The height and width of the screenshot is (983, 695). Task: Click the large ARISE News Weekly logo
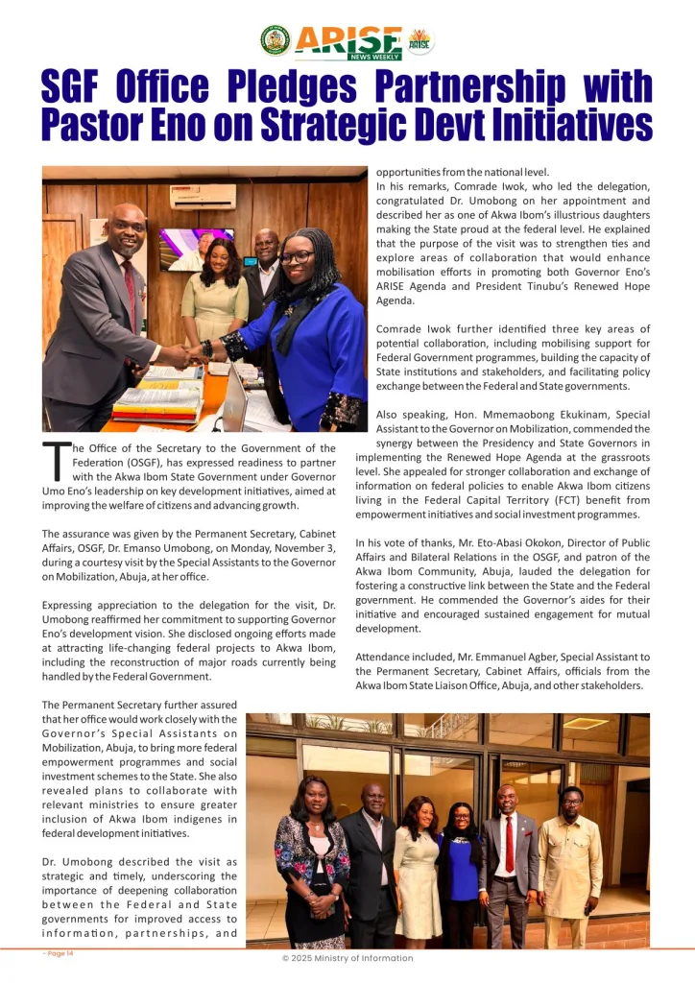coord(347,41)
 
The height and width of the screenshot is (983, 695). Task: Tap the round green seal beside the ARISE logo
coord(276,40)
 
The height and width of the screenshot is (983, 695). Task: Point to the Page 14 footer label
coord(58,953)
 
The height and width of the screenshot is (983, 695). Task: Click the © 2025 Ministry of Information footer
coord(347,958)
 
